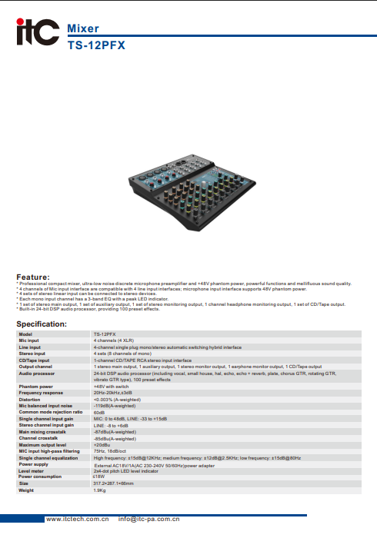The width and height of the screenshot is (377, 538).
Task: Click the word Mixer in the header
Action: pos(83,28)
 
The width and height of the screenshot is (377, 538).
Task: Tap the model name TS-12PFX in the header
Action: pos(96,45)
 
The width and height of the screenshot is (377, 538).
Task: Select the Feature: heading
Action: pos(33,277)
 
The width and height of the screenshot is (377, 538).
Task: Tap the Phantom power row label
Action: pos(35,387)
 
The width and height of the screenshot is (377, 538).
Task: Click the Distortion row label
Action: pos(29,400)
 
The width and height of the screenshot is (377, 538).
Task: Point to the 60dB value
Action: pos(99,412)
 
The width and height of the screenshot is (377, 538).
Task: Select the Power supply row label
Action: pos(33,465)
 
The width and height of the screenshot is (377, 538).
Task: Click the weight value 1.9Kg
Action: pos(99,490)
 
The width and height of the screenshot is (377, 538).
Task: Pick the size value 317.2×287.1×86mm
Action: pos(113,483)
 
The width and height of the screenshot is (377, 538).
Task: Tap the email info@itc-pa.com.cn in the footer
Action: pos(149,520)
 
